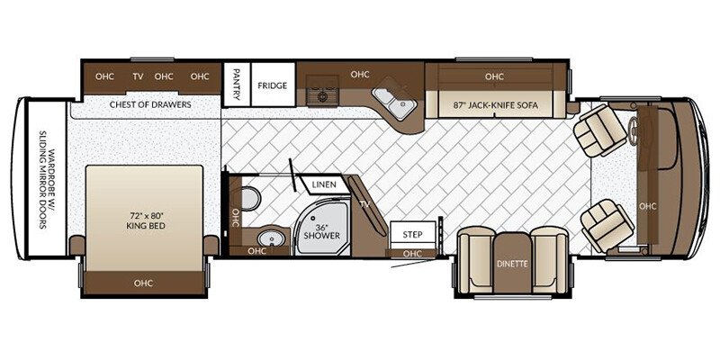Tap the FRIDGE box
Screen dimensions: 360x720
[272, 85]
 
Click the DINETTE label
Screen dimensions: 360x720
[512, 265]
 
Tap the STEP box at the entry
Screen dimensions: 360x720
[412, 234]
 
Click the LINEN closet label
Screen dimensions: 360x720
[324, 185]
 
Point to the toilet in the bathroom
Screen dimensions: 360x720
[249, 197]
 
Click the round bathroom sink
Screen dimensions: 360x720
[267, 238]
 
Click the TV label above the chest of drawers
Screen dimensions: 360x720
[139, 76]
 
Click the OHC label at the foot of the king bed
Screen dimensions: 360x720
[144, 282]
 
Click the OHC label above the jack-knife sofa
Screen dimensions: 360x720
[493, 76]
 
